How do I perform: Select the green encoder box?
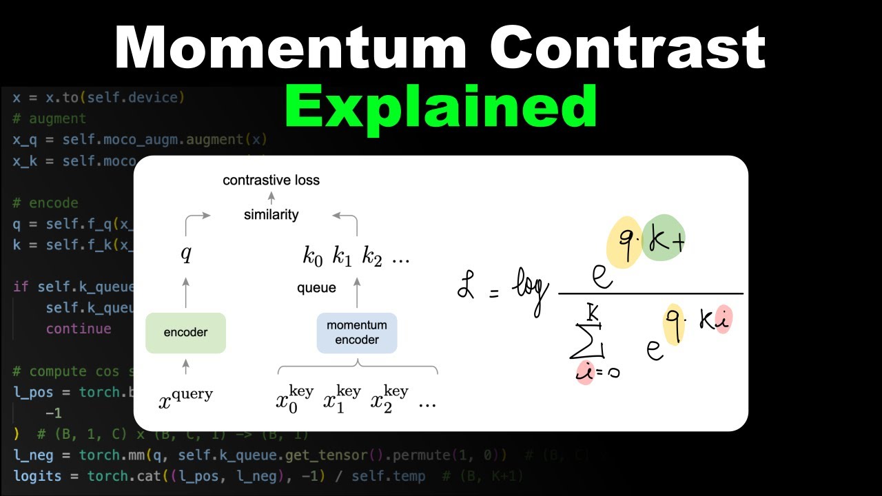[x=186, y=333]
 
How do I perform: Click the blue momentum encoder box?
[x=357, y=332]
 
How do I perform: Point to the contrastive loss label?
[x=271, y=180]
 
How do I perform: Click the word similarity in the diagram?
[x=271, y=215]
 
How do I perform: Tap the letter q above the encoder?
[x=186, y=255]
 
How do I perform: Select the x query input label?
[x=186, y=397]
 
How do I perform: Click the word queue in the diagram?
[x=316, y=288]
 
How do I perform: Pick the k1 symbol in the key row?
[x=342, y=258]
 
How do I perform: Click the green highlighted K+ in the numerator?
[x=664, y=238]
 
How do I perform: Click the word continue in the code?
[x=79, y=329]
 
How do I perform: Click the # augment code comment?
[x=49, y=118]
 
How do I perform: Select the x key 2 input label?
[x=389, y=398]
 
